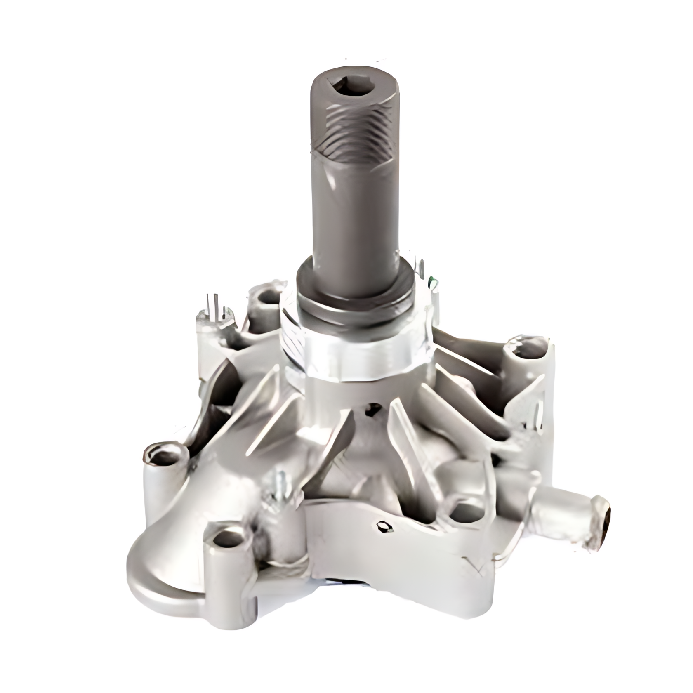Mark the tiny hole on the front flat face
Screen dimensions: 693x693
click(383, 526)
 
